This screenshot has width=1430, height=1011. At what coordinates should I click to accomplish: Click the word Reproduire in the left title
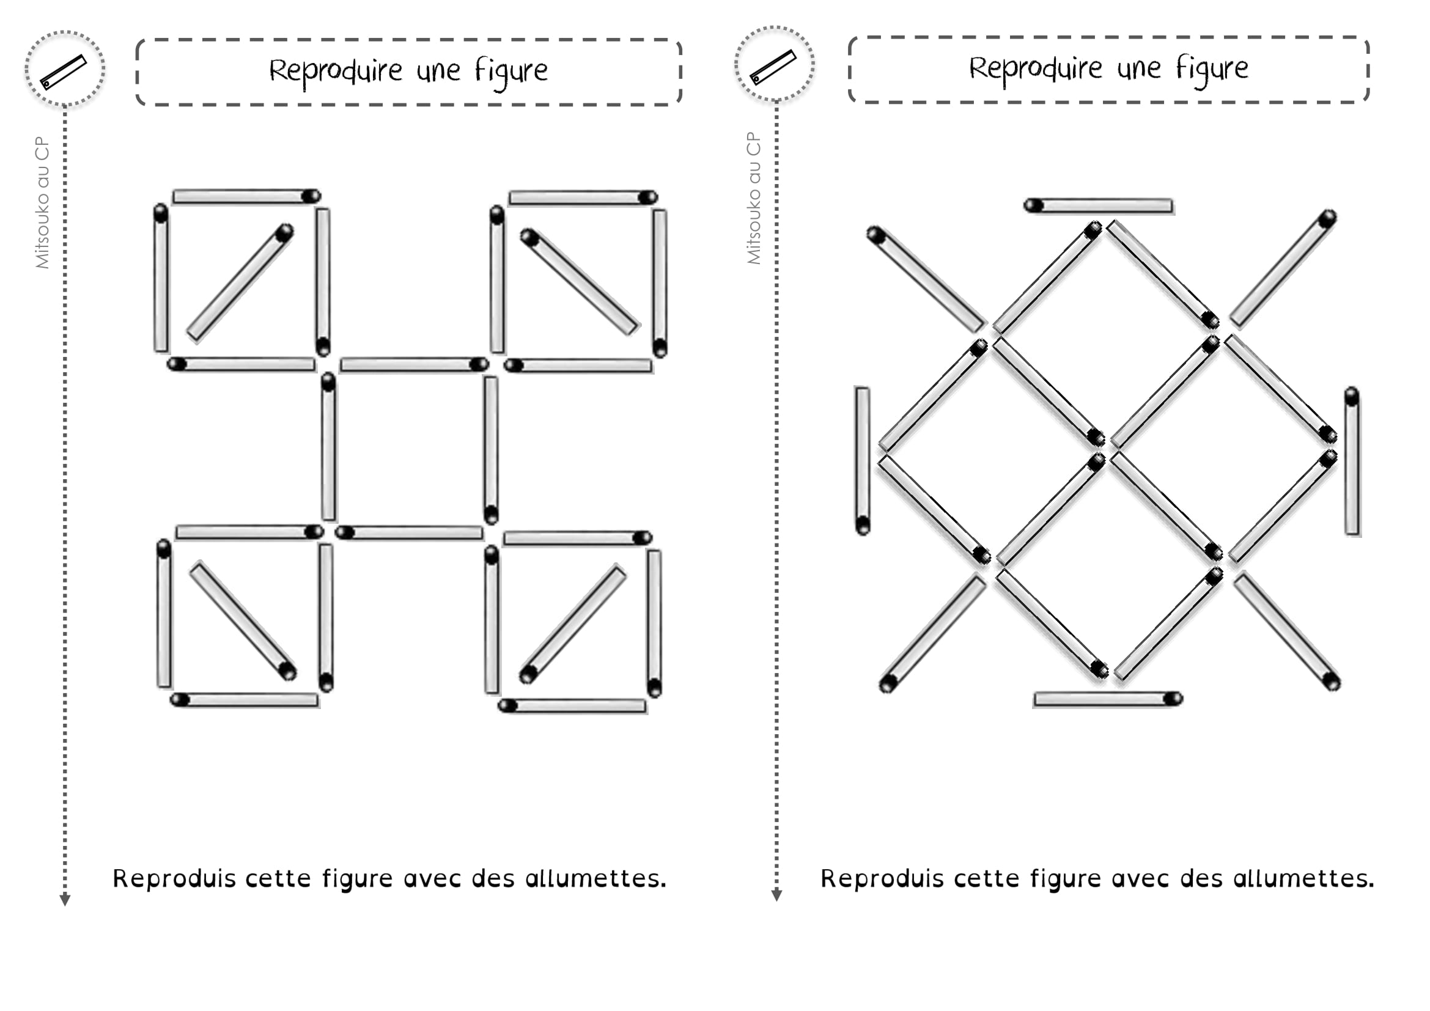pyautogui.click(x=335, y=71)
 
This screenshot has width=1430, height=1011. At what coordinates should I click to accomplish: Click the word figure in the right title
pyautogui.click(x=1211, y=69)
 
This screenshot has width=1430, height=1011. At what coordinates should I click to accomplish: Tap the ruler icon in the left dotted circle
pyautogui.click(x=64, y=72)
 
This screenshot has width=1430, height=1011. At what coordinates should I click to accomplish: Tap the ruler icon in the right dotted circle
pyautogui.click(x=773, y=67)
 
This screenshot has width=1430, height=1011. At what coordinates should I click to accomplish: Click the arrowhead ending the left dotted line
pyautogui.click(x=65, y=900)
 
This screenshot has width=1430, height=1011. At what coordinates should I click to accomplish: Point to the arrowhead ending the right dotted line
pyautogui.click(x=776, y=895)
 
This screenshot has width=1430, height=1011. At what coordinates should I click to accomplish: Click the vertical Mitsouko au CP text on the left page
pyautogui.click(x=42, y=202)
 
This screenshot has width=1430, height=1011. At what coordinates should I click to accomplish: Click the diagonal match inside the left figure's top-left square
pyautogui.click(x=240, y=284)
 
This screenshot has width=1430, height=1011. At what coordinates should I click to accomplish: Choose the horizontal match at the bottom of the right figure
pyautogui.click(x=1107, y=699)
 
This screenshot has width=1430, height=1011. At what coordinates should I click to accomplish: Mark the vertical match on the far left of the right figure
pyautogui.click(x=863, y=461)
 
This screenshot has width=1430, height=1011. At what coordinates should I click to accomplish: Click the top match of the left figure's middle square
pyautogui.click(x=414, y=364)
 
